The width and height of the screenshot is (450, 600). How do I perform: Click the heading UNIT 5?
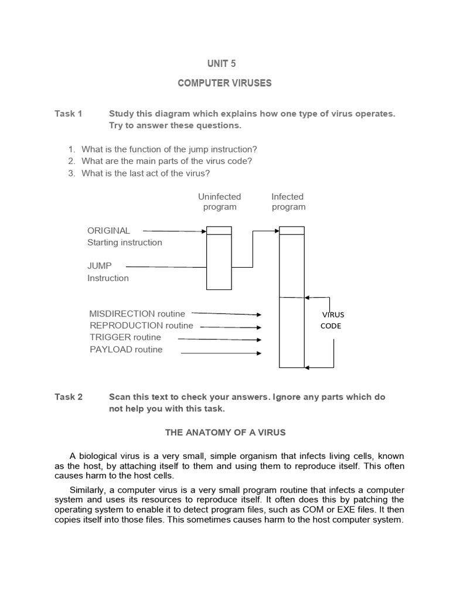click(225, 63)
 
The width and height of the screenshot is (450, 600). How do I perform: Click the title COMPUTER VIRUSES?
click(225, 83)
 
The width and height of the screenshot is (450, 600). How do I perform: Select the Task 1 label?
click(69, 114)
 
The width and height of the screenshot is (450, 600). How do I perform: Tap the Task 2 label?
click(69, 397)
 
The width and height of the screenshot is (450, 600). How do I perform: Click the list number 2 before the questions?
click(71, 161)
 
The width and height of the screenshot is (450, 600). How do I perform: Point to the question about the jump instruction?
click(169, 149)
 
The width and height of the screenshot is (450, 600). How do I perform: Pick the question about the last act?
click(145, 173)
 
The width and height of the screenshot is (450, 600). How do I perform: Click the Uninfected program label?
click(220, 202)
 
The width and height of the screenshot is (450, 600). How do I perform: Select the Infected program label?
click(288, 202)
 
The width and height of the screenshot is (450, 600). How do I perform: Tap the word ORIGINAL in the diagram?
click(109, 230)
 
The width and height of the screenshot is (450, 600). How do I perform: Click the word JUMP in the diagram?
click(100, 266)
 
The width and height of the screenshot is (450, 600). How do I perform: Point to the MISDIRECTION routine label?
click(137, 313)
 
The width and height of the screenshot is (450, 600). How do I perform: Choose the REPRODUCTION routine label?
click(141, 326)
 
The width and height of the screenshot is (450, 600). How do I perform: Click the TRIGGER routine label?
click(125, 337)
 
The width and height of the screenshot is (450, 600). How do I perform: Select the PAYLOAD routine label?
click(126, 350)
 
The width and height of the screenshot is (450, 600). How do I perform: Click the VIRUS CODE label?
click(332, 320)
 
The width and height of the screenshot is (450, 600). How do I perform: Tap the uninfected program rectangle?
click(219, 261)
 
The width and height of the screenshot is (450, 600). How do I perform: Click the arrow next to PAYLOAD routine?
click(221, 353)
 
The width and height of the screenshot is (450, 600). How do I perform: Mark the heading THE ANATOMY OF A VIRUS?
click(225, 432)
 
